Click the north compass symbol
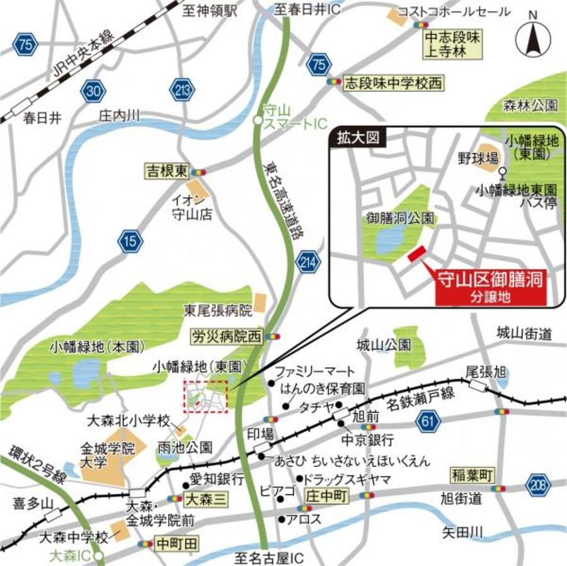532,39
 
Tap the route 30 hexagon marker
93,92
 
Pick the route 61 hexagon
428,421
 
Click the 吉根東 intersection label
167,171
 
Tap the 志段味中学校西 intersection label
393,82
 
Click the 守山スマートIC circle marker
257,120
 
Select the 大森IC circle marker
99,556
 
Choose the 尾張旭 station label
486,371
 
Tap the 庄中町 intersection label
326,495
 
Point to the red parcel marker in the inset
416,254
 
